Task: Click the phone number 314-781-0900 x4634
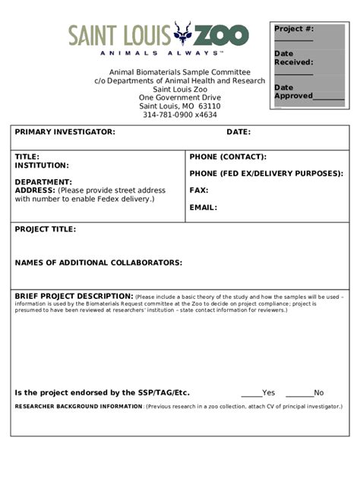180,115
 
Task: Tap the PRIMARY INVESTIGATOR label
65,132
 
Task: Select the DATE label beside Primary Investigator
238,132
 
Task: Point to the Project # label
294,29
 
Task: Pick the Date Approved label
293,92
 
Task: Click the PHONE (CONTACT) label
228,157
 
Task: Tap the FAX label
199,190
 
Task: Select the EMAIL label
204,207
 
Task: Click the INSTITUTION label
42,165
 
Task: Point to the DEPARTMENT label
43,182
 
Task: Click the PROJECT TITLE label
46,229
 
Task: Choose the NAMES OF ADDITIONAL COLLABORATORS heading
99,263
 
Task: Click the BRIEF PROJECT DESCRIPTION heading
74,296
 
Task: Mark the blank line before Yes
251,393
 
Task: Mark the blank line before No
299,393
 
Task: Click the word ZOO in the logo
221,35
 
